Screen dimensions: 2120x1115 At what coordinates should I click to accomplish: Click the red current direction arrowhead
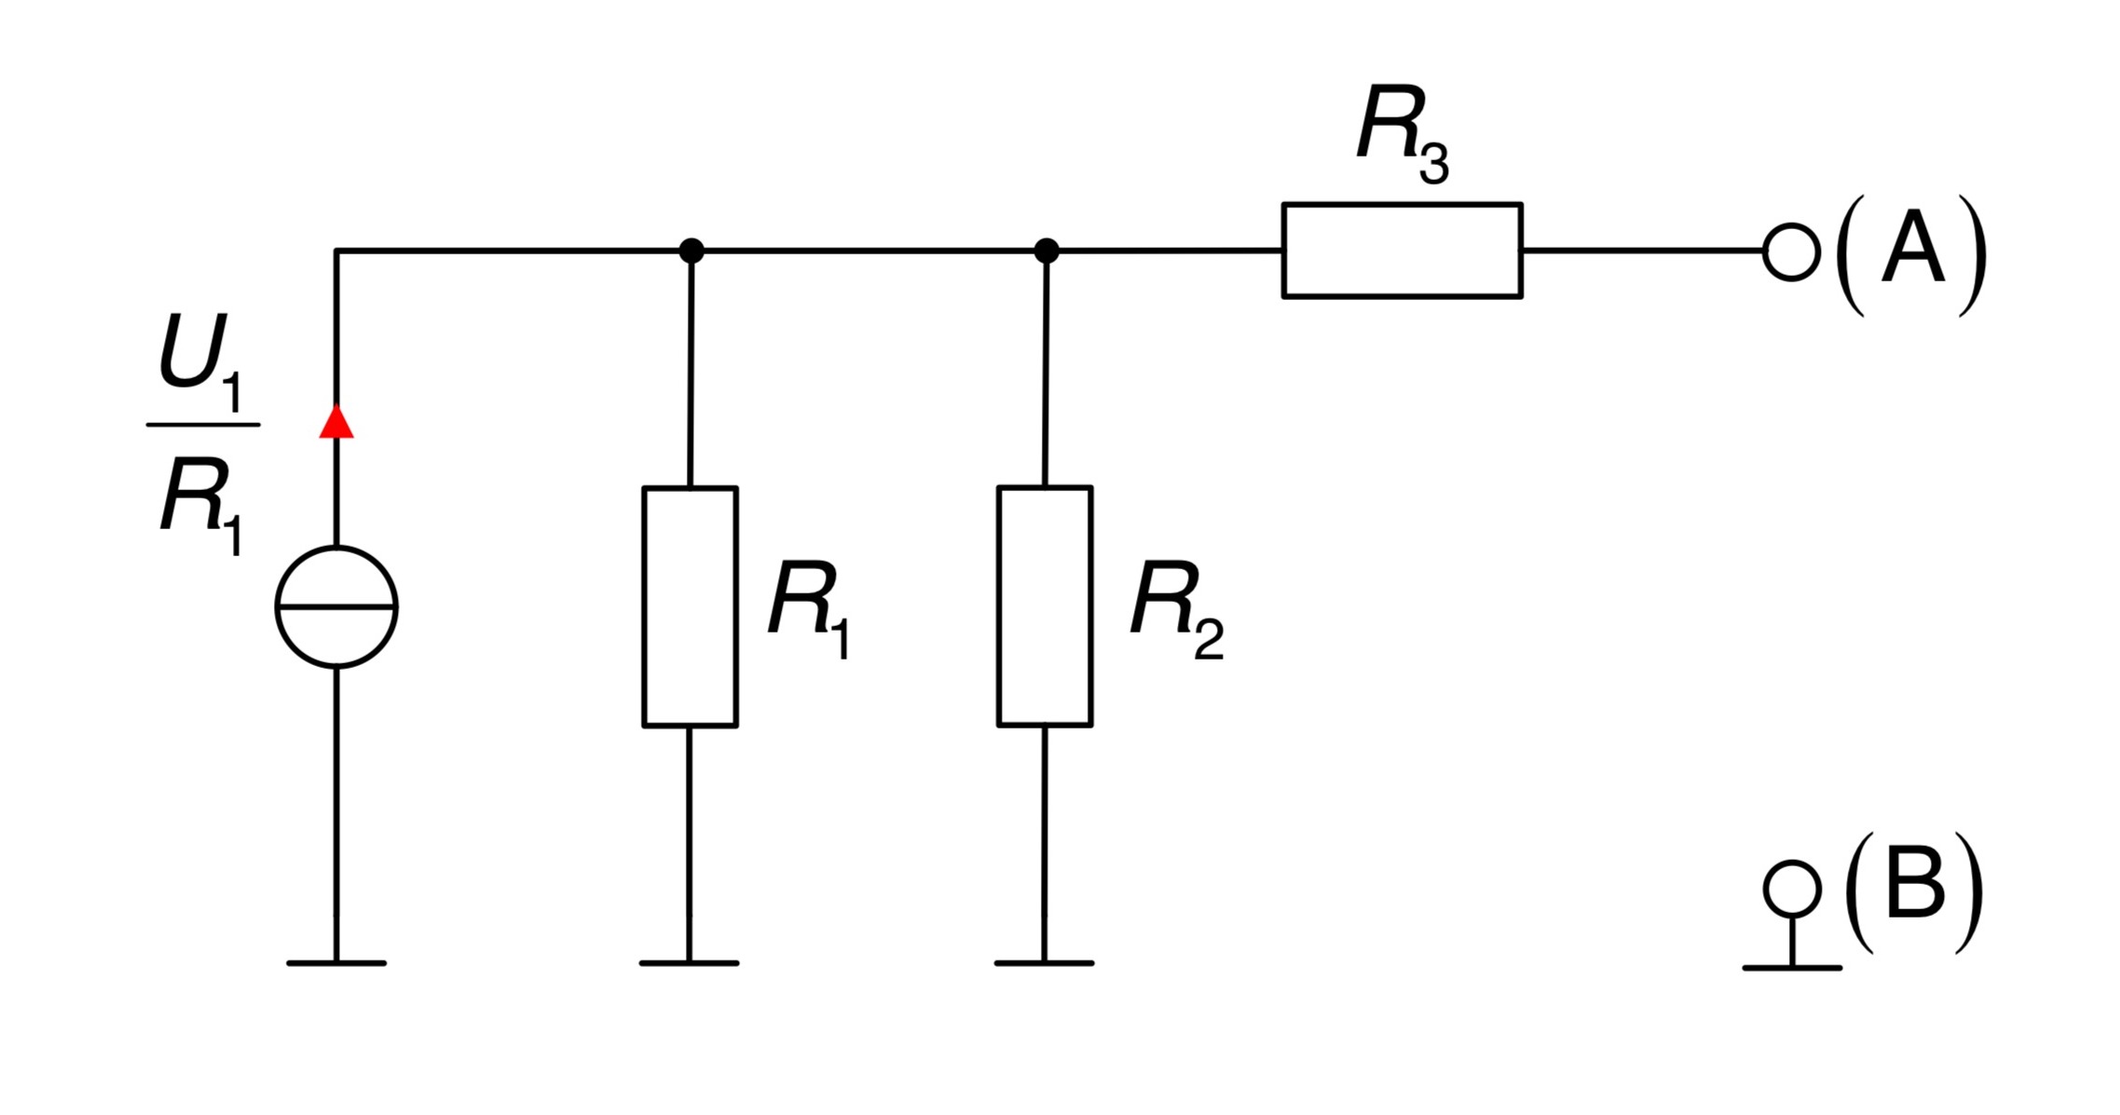(x=336, y=421)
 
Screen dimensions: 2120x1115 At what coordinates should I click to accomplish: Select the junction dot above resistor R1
(x=691, y=251)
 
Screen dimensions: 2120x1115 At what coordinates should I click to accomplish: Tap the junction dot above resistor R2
(x=1046, y=251)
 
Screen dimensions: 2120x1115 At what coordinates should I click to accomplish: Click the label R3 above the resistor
(x=1402, y=134)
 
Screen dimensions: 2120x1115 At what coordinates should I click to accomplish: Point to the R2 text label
(x=1177, y=610)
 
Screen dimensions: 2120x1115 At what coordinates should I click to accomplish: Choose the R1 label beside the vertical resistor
(x=809, y=610)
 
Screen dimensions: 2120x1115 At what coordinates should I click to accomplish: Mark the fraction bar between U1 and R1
(x=203, y=425)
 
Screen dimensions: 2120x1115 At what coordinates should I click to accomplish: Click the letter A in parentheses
(x=1913, y=247)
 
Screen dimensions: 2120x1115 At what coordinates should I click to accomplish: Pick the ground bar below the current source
(x=336, y=963)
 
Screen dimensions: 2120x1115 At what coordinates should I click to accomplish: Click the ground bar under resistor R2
(x=1045, y=963)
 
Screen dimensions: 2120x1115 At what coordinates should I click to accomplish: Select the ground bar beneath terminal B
(x=1792, y=968)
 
